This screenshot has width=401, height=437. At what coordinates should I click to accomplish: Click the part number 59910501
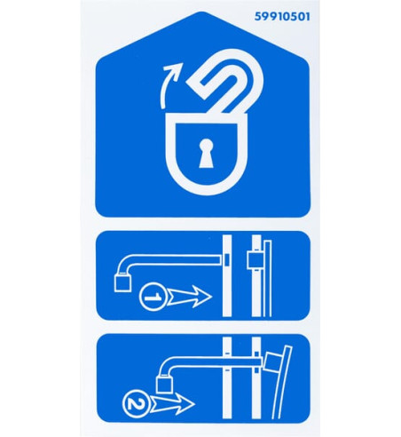pyautogui.click(x=282, y=17)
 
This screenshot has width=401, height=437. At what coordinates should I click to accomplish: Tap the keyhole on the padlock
pyautogui.click(x=206, y=153)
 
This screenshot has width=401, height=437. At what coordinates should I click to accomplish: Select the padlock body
pyautogui.click(x=206, y=154)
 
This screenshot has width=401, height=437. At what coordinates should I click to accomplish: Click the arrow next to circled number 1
pyautogui.click(x=189, y=297)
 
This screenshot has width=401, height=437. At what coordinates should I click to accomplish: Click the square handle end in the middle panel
pyautogui.click(x=122, y=283)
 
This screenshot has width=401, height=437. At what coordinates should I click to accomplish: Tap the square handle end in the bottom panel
pyautogui.click(x=164, y=384)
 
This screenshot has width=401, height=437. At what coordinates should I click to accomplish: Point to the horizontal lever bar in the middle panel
pyautogui.click(x=171, y=260)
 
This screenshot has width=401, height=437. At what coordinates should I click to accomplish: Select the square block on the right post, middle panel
pyautogui.click(x=255, y=260)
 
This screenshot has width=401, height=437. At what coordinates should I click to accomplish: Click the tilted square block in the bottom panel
pyautogui.click(x=273, y=362)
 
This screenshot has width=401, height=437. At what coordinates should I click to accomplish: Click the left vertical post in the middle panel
pyautogui.click(x=227, y=275)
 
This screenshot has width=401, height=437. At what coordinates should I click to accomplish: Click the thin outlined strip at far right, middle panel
pyautogui.click(x=268, y=278)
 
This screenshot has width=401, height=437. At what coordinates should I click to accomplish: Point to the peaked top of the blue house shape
pyautogui.click(x=202, y=13)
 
